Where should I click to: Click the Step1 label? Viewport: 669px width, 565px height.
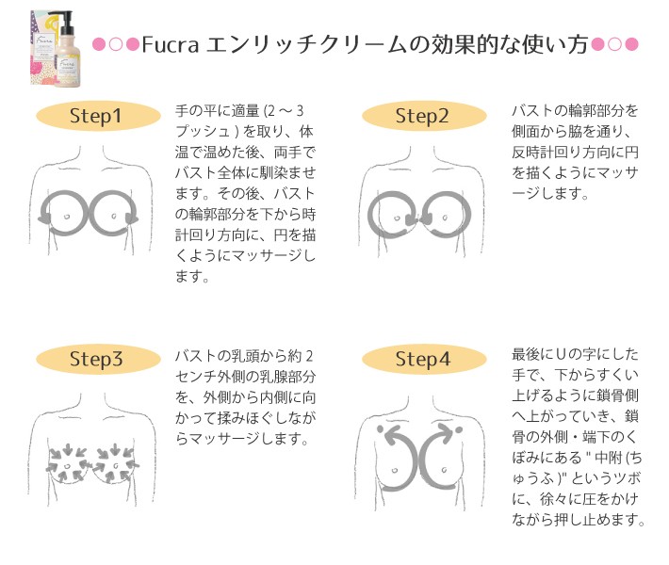click(96, 117)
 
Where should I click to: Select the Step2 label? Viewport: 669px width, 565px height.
click(422, 117)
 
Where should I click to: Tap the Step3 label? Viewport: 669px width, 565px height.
click(96, 360)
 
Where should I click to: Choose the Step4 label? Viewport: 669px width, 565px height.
click(422, 360)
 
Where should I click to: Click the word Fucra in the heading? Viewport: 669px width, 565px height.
click(169, 44)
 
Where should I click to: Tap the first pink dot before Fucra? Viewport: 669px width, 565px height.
click(98, 45)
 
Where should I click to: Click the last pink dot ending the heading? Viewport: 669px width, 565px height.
click(632, 45)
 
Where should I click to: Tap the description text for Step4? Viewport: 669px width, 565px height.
click(577, 437)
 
